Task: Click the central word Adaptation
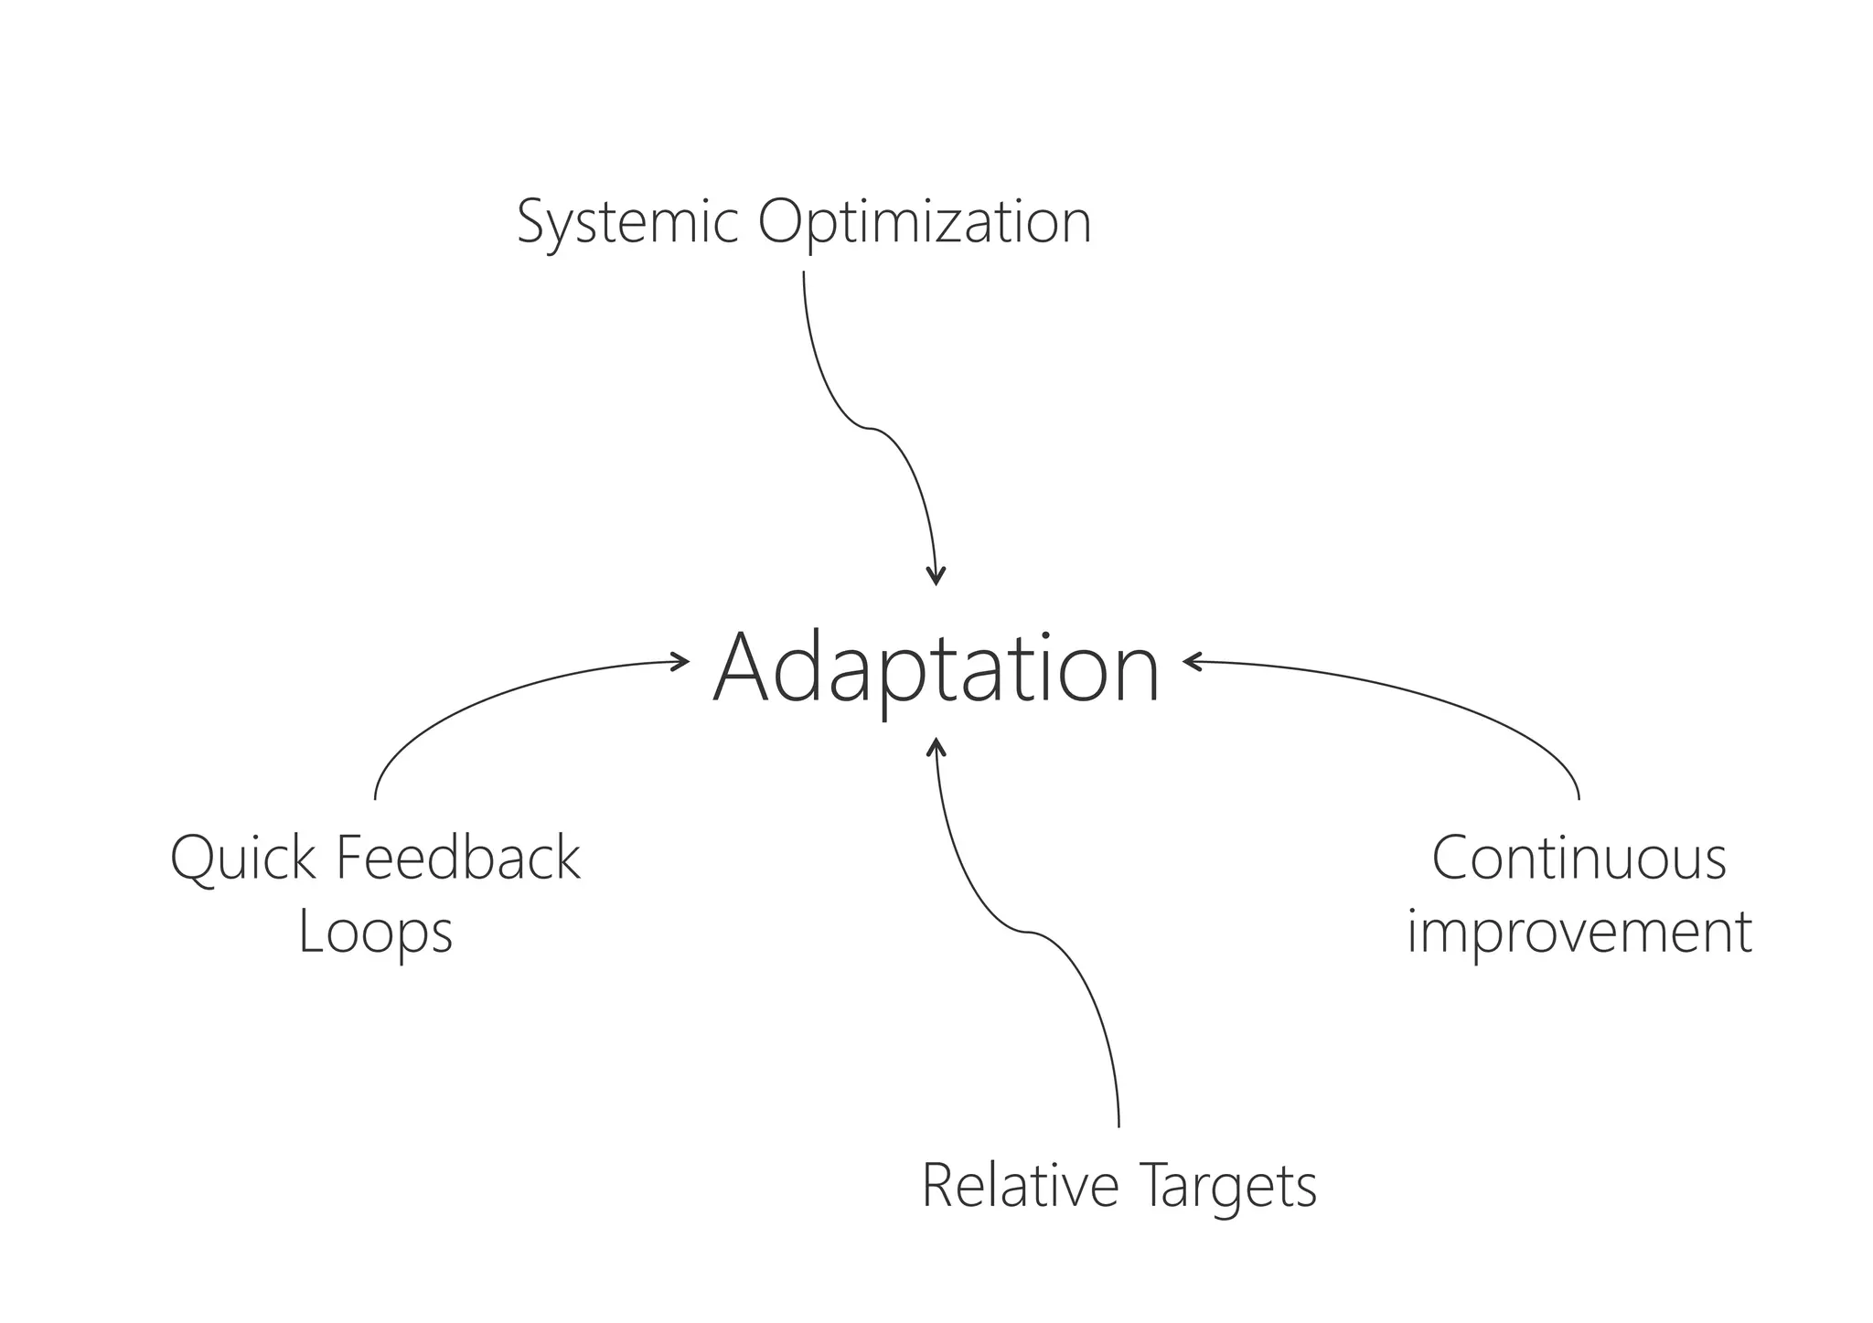point(936,669)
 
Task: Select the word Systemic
point(627,221)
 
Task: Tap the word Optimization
point(925,221)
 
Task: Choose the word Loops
point(375,933)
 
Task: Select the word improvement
point(1579,933)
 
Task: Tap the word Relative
point(1020,1185)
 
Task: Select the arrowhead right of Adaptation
point(1191,661)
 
